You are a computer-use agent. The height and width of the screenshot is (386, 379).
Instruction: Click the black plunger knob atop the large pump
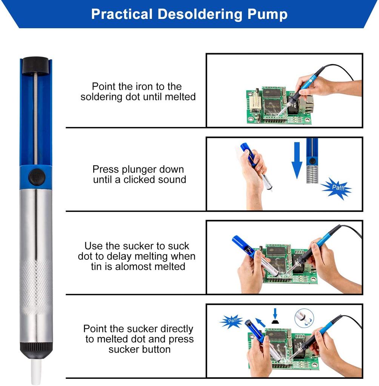pos(36,65)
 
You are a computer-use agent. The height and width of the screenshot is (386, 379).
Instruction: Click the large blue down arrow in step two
pos(297,160)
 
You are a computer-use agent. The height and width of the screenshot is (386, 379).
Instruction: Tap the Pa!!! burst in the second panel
pos(337,188)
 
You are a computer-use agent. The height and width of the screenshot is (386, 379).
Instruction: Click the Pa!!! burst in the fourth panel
pos(231,321)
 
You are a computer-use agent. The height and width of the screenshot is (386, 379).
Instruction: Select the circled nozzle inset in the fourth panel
pos(304,318)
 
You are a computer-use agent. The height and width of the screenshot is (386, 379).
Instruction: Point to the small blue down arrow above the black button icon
pos(275,314)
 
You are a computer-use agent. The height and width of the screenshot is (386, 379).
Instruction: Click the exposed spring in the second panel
pos(312,174)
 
